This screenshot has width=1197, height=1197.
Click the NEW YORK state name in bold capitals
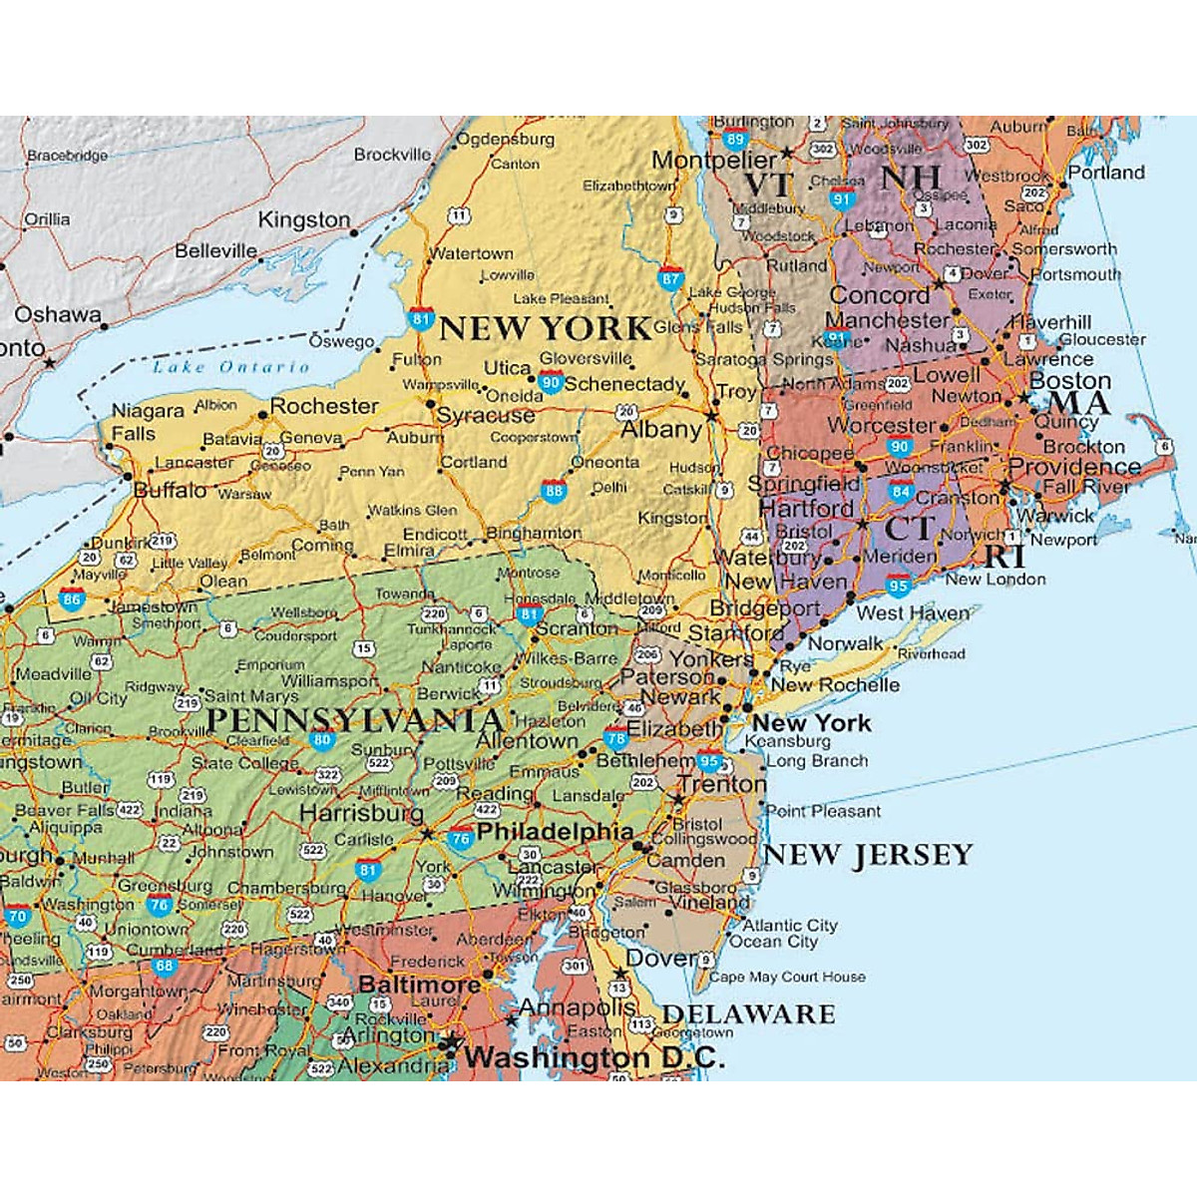tap(545, 328)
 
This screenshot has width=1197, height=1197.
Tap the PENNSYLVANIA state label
tap(354, 720)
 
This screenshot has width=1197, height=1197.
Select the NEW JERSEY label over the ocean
tap(867, 855)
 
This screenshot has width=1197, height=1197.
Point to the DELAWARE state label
tap(748, 1014)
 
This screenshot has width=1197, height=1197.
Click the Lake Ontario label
tap(230, 367)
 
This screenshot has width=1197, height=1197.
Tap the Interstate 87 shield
tap(670, 278)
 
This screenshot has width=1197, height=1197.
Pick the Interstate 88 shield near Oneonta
tap(555, 490)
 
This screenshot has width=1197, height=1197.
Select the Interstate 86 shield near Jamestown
tap(71, 599)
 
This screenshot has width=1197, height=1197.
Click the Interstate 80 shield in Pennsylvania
tap(321, 740)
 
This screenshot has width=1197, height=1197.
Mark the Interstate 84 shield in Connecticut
tap(901, 491)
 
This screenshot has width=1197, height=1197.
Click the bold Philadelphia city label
tap(555, 832)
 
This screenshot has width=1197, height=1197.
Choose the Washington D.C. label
tap(595, 1057)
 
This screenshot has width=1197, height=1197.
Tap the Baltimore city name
tap(419, 985)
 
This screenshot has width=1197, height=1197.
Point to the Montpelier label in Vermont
tap(713, 160)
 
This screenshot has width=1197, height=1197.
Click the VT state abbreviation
tap(768, 186)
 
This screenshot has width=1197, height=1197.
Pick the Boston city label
tap(1069, 381)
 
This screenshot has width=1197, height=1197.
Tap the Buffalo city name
tap(171, 490)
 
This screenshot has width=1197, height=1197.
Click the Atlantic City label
tap(790, 926)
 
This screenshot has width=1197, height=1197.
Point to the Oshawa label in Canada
tap(57, 315)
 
